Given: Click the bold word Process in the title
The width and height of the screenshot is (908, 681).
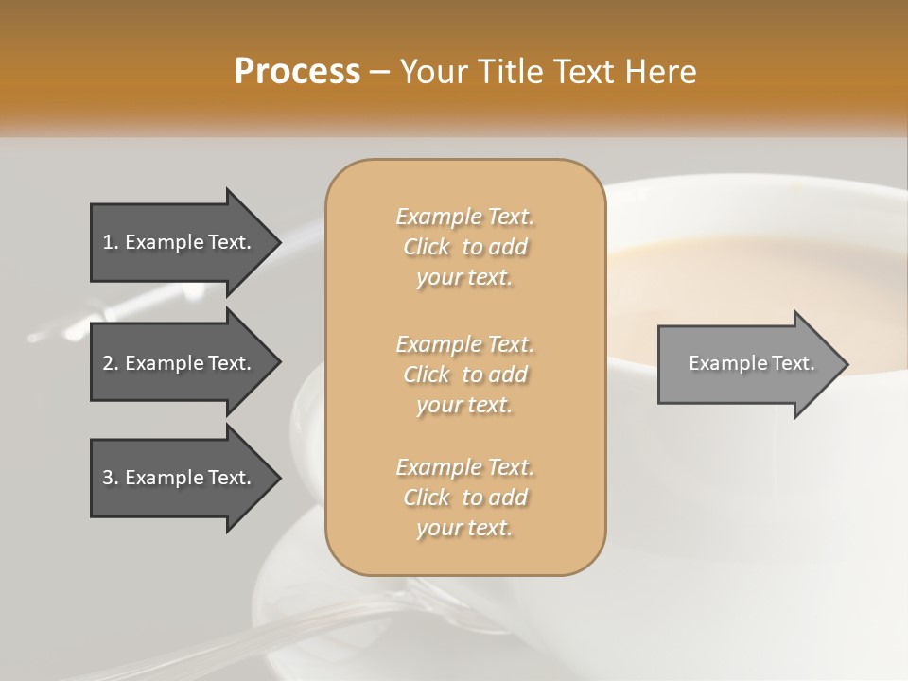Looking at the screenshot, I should click(297, 72).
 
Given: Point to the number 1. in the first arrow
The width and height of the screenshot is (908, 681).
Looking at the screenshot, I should click(111, 242).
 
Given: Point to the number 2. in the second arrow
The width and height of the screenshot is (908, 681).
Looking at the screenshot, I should click(111, 363).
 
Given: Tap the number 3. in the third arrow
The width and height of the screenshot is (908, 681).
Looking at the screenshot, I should click(111, 478).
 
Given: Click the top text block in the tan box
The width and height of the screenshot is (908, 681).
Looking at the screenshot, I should click(464, 247).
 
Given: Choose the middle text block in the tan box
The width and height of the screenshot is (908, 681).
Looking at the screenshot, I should click(464, 375).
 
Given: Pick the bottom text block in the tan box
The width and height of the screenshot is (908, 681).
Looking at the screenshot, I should click(464, 498).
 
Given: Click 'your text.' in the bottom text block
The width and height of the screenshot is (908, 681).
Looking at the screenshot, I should click(464, 529).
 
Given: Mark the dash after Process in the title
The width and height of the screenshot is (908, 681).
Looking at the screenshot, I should click(379, 72).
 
